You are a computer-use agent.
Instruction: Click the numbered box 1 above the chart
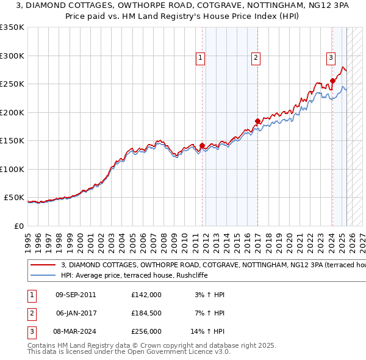(200, 58)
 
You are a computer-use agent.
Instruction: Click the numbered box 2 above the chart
(256, 58)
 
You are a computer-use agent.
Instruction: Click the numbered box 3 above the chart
(331, 58)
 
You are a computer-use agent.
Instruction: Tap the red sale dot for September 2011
(202, 145)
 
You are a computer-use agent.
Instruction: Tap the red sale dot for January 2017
(257, 121)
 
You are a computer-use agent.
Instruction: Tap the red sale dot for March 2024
(332, 81)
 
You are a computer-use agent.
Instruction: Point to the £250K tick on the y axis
(12, 84)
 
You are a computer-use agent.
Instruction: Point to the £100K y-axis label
(12, 169)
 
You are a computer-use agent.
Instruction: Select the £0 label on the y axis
(18, 226)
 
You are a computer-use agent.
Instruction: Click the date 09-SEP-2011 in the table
(76, 295)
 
